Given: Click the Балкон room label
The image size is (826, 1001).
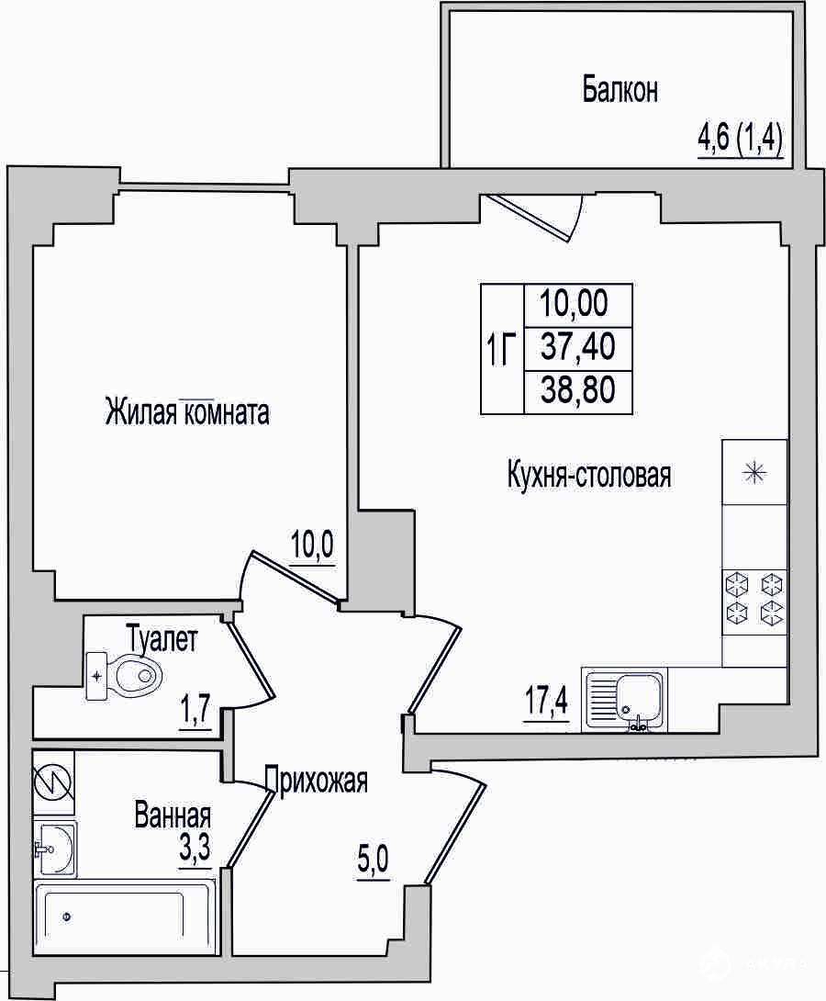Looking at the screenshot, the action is coord(619,91).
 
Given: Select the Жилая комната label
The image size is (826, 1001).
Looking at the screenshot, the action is coord(187,412).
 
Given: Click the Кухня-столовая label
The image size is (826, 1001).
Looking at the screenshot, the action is coord(588,476).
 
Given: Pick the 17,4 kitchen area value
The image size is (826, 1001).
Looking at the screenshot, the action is coord(546,703).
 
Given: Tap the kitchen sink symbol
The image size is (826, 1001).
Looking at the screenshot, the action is coord(624,700).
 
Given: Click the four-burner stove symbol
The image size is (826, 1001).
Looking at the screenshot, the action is coord(754,600).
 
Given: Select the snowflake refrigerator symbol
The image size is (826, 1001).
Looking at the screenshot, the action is coord(754,472).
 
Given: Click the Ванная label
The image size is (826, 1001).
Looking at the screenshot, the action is coord(173,815).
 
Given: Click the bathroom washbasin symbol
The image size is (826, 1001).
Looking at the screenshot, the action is coord(56,847).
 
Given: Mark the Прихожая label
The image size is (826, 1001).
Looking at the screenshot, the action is coord(317,780).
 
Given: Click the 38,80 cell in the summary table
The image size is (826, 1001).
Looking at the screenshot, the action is coord(578,389).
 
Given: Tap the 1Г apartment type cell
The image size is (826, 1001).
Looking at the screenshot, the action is coord(502,350).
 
